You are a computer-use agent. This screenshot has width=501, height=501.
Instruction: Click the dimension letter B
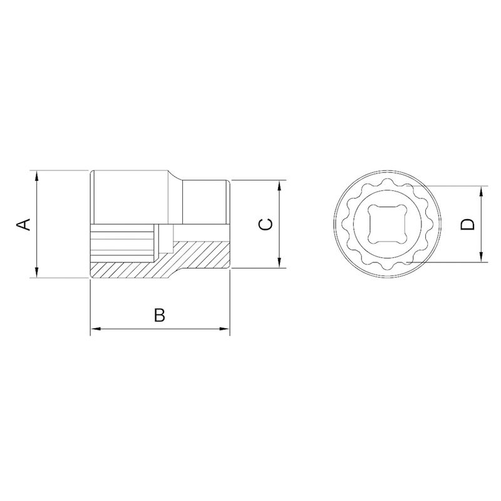pos(160,315)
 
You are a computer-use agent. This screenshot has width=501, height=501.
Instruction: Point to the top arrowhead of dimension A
pos(38,175)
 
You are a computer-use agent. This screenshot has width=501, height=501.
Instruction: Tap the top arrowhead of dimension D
pos(482,191)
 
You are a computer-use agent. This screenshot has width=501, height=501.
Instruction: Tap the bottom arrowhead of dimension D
pos(482,257)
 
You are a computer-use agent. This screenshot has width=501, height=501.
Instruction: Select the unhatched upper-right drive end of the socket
pos(205,202)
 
